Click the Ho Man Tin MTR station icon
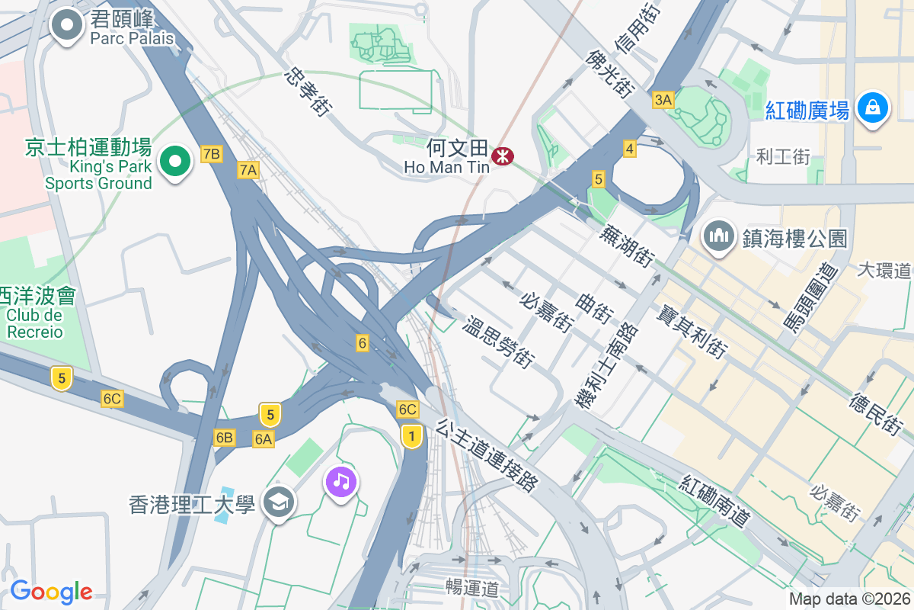pos(502,156)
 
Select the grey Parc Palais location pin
pos(67,25)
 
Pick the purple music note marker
pos(341,481)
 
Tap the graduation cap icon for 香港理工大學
pos(279,502)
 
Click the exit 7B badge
pos(211,155)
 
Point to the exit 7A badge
pos(248,170)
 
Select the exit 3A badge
pos(663,100)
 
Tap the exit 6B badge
pos(224,438)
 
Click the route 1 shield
pos(411,436)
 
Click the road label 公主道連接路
pos(487,454)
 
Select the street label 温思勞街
pos(499,343)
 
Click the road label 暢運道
pos(472,588)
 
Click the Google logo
pos(51,592)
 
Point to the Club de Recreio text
pos(34,323)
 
